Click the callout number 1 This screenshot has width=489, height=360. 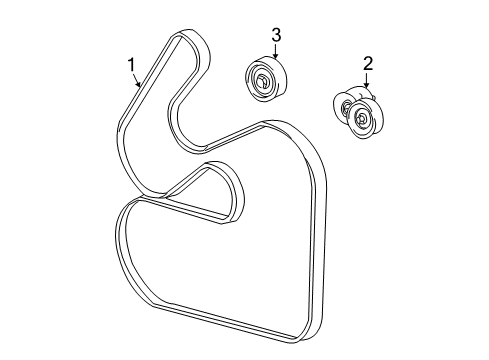[x=132, y=65]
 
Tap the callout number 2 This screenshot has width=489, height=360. [x=368, y=63]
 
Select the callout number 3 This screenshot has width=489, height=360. [x=276, y=35]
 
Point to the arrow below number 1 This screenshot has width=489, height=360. [x=137, y=81]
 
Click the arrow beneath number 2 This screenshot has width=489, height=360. [x=367, y=80]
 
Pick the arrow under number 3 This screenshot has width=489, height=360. [x=275, y=52]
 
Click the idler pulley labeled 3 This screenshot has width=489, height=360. [x=265, y=78]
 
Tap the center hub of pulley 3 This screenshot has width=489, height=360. [x=261, y=81]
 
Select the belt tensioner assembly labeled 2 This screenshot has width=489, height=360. [x=359, y=112]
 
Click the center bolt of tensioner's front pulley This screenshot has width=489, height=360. [x=362, y=117]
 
